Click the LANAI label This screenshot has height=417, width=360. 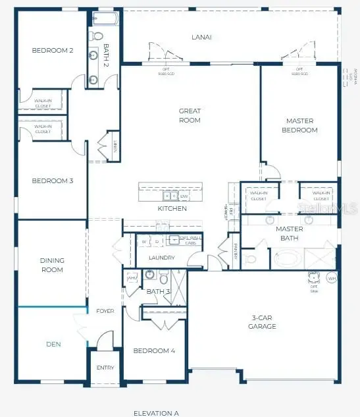click(x=201, y=38)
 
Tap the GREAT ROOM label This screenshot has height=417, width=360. click(x=190, y=115)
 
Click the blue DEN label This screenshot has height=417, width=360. click(x=53, y=343)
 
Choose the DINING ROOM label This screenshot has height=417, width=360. click(x=52, y=265)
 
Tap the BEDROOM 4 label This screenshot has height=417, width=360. click(x=154, y=351)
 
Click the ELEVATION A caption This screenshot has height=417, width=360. click(x=156, y=413)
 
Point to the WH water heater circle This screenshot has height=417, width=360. click(x=332, y=279)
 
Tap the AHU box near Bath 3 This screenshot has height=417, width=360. click(x=131, y=277)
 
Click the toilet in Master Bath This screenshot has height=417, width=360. click(x=250, y=258)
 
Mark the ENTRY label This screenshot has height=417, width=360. click(x=105, y=368)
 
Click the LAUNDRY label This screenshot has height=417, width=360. click(x=161, y=258)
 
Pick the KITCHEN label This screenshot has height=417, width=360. click(x=172, y=209)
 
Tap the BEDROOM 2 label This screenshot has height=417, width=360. click(x=52, y=50)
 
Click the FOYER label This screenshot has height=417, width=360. click(x=105, y=311)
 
